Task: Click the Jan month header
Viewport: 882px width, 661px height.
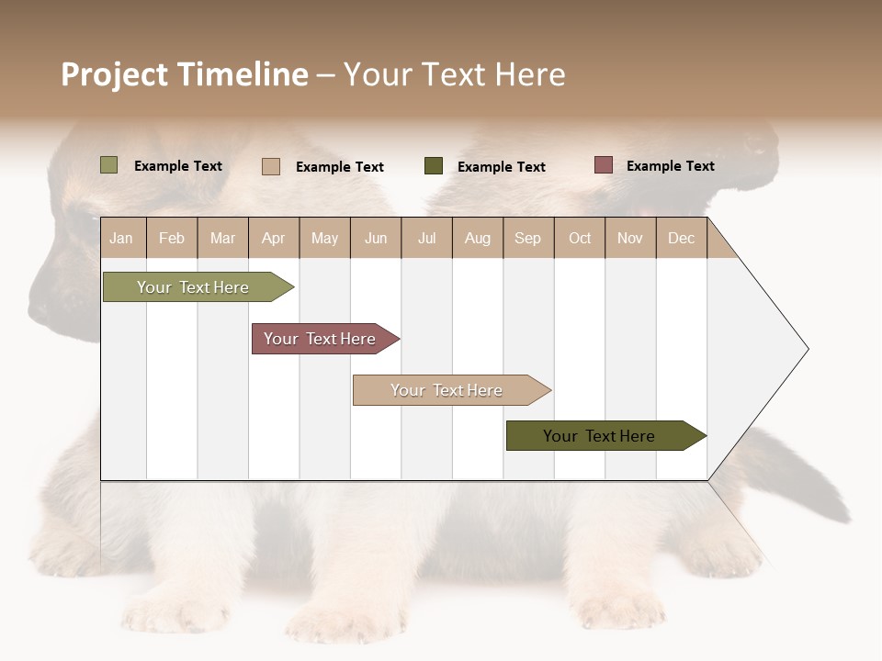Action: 122,238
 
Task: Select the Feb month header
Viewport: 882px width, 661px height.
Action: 172,238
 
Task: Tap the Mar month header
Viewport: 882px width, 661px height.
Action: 222,238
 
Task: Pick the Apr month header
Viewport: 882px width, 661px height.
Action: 274,238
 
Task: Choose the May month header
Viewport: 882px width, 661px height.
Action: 324,238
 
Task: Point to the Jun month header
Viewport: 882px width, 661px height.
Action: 376,238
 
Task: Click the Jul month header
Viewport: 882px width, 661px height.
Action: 426,238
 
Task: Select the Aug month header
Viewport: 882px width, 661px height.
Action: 478,238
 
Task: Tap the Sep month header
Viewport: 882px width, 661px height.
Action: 528,238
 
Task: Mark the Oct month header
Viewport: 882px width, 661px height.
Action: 580,238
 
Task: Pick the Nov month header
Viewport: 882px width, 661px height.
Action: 630,238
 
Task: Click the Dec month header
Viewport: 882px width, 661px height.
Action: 682,238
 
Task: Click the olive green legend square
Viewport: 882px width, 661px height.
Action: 109,165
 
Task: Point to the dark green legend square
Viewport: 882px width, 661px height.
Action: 434,165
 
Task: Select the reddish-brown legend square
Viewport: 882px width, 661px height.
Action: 603,165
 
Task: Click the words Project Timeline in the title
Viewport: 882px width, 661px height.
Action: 185,74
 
